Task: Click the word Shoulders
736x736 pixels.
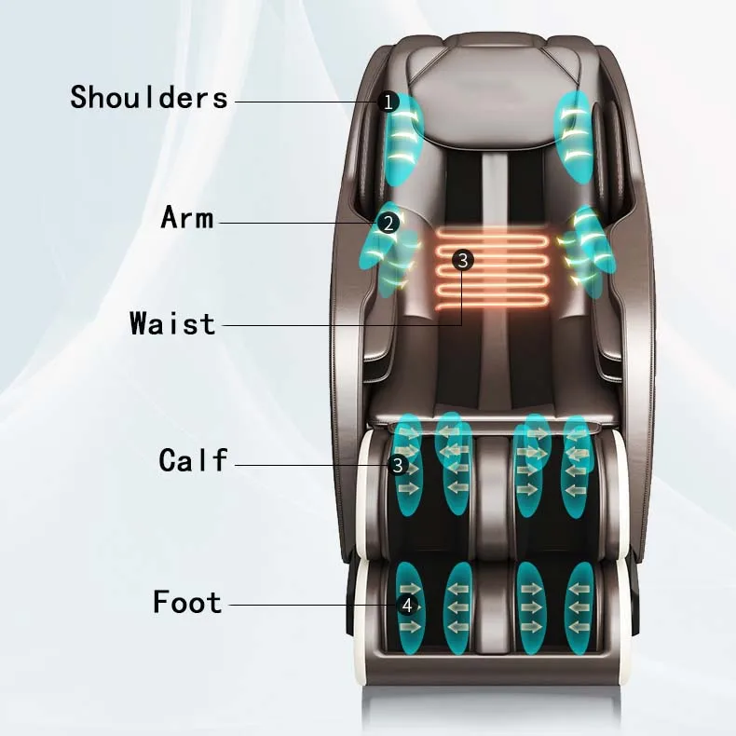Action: (x=149, y=97)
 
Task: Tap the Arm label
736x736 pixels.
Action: (x=187, y=218)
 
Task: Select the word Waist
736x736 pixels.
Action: (x=172, y=324)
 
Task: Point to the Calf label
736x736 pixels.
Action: (x=193, y=459)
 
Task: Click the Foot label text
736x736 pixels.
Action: (x=187, y=602)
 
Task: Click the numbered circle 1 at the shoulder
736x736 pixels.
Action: (x=389, y=102)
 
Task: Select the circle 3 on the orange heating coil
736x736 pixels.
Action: (x=463, y=260)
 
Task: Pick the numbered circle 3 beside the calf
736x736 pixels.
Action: (x=399, y=464)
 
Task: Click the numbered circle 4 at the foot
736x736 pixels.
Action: (x=406, y=605)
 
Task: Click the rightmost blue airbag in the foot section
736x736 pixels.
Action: (x=581, y=607)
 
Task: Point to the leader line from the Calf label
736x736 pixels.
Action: (x=307, y=465)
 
